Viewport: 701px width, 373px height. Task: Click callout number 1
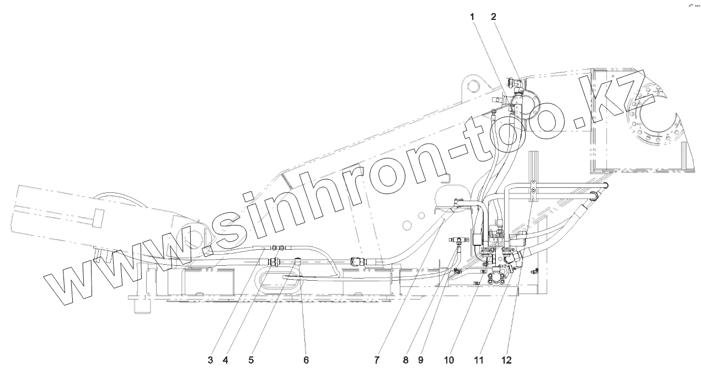click(x=472, y=17)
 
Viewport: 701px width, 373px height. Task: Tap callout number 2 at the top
click(x=494, y=17)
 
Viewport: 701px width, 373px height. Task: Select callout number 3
click(x=210, y=360)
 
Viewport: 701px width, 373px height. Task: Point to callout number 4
click(x=225, y=360)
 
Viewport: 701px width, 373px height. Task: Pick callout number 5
click(x=251, y=360)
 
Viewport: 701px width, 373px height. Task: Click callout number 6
click(x=306, y=360)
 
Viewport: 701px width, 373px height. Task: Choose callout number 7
click(x=377, y=360)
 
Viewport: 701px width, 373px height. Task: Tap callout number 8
click(x=405, y=360)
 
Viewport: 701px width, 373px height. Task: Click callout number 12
click(x=506, y=360)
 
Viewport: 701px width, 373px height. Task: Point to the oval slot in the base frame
click(x=282, y=277)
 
